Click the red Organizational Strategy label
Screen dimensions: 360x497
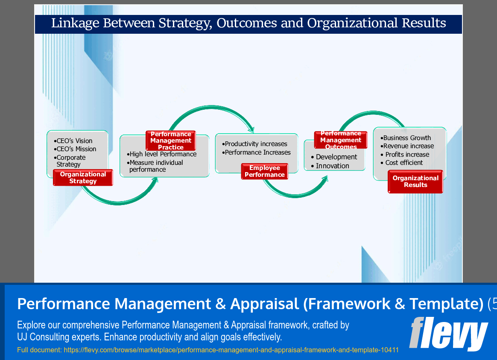83,178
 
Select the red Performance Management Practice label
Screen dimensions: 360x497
171,140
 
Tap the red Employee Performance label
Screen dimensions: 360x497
265,171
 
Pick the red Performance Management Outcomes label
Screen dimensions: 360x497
341,140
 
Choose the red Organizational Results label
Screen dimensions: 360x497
415,181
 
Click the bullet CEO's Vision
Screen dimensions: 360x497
74,141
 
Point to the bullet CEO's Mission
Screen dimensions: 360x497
76,149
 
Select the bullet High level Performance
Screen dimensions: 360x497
163,154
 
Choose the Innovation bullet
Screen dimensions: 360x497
332,166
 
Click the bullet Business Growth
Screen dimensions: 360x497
407,138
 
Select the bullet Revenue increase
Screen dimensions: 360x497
408,146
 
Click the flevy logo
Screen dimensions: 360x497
448,334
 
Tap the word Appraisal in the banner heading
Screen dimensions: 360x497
264,304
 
